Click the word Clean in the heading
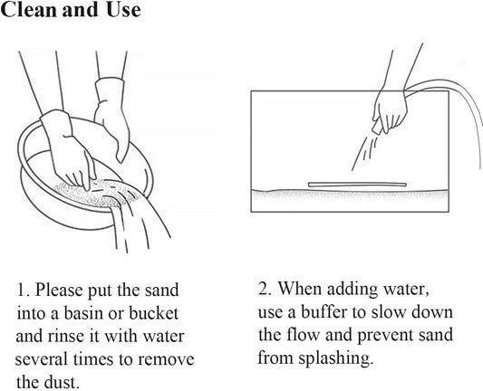pos(29,10)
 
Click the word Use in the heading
pos(123,10)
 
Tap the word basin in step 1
pos(83,313)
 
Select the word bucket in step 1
pos(154,313)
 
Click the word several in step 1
pos(42,359)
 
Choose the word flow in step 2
pos(303,335)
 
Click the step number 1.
pos(23,291)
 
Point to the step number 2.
pos(265,289)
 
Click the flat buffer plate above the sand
pos(357,185)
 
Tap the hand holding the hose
pos(390,110)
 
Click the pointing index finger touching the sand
pos(90,172)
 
